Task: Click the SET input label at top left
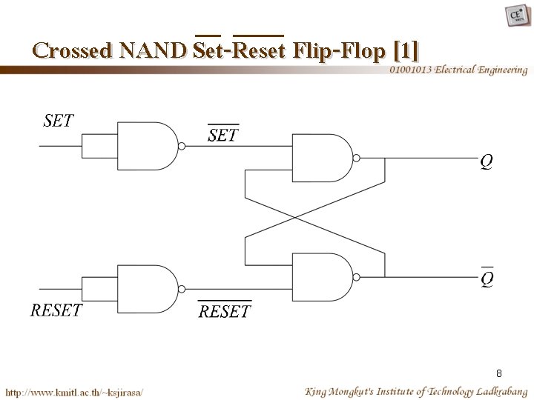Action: coord(59,120)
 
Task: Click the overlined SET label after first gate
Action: coord(222,135)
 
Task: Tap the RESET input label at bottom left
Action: coord(56,310)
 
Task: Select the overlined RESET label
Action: coord(225,311)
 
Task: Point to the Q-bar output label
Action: coord(487,279)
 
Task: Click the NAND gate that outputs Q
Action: coord(321,158)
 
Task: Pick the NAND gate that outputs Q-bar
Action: coord(321,277)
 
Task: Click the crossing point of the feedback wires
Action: coord(296,218)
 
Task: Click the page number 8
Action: coord(499,373)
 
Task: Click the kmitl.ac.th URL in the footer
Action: coord(74,391)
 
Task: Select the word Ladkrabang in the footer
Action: coord(498,390)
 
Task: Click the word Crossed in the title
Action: coord(72,50)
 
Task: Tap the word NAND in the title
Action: coord(154,50)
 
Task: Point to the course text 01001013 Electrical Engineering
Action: coord(458,70)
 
